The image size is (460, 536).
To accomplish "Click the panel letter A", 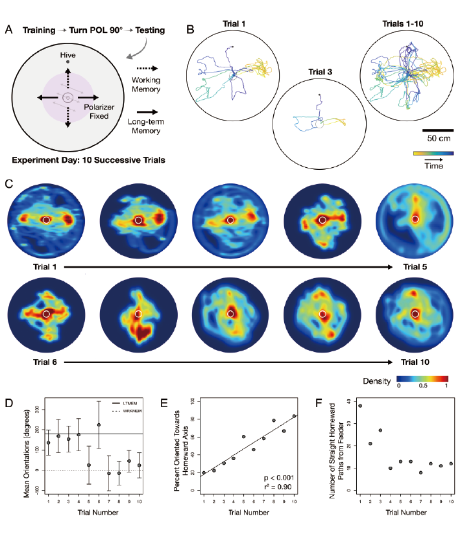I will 9,29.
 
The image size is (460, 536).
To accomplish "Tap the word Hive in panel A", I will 67,55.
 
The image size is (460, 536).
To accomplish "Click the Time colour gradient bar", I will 432,154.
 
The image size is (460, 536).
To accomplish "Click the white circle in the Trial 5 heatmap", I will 415,220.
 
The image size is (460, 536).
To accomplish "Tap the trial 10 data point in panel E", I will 295,416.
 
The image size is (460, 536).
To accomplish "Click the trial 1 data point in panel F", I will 360,406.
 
